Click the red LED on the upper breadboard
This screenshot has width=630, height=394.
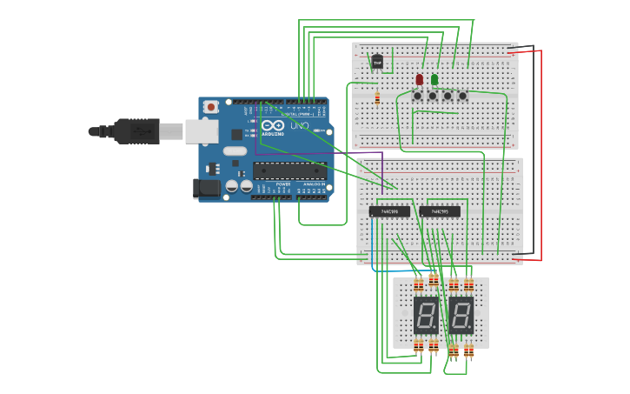pos(420,79)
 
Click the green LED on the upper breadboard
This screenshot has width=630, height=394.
pos(434,79)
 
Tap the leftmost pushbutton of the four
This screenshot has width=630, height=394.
pos(418,96)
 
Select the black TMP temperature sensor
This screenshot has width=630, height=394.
pos(377,62)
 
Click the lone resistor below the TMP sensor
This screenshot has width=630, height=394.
pos(377,97)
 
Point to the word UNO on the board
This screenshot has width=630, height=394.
pos(299,125)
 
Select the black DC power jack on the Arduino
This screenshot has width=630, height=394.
pos(206,187)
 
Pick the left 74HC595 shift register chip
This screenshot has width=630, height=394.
pos(389,211)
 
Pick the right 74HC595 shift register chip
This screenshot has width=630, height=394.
pos(440,211)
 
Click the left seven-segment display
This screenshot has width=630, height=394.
pos(427,314)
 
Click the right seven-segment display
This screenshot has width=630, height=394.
pos(461,314)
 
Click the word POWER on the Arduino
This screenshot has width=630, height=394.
pos(283,184)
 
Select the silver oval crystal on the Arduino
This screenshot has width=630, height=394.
pos(235,150)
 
